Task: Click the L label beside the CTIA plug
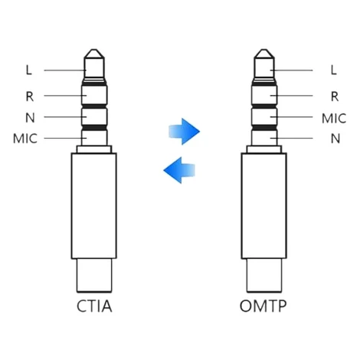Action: (29, 70)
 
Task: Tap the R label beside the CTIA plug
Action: (30, 97)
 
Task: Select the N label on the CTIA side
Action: (30, 118)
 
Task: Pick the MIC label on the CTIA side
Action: (25, 139)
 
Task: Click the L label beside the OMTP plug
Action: (333, 70)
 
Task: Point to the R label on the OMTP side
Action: (335, 97)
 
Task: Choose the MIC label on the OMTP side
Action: (334, 119)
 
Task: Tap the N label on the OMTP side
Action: (335, 139)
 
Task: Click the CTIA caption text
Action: (94, 306)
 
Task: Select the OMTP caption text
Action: (263, 306)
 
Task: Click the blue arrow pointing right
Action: (184, 132)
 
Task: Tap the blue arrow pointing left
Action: (179, 170)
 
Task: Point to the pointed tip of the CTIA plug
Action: (94, 50)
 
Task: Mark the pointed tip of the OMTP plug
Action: (264, 50)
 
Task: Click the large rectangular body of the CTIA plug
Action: (94, 206)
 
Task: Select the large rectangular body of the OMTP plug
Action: (264, 206)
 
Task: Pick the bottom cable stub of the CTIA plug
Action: (94, 275)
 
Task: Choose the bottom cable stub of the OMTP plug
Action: (264, 275)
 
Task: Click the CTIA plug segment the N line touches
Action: (94, 116)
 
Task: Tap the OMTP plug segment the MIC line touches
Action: (264, 116)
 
